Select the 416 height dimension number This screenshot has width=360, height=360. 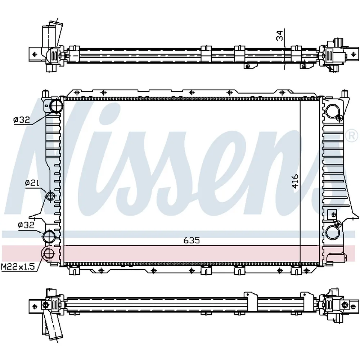(x=295, y=181)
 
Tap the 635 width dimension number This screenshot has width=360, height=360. (x=192, y=240)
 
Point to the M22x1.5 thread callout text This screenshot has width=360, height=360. (x=18, y=266)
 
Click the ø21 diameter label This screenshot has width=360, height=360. (x=32, y=183)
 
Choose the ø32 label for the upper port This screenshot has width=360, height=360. (x=22, y=120)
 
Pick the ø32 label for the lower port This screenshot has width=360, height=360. (x=26, y=225)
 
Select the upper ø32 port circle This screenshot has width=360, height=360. (x=56, y=106)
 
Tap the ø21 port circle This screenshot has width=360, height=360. (x=50, y=196)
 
